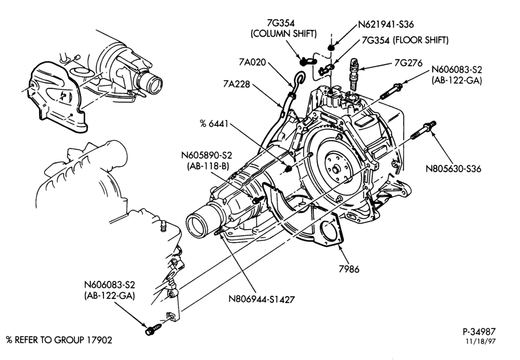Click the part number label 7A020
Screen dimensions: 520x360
pyautogui.click(x=252, y=62)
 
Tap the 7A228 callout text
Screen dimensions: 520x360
pyautogui.click(x=237, y=84)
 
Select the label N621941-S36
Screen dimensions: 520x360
pyautogui.click(x=386, y=24)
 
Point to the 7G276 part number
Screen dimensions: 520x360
pyautogui.click(x=408, y=63)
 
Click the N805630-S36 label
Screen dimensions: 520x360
pyautogui.click(x=453, y=169)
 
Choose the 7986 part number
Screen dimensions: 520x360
pyautogui.click(x=349, y=269)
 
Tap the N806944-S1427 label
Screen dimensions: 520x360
pyautogui.click(x=262, y=299)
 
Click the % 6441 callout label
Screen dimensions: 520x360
pyautogui.click(x=214, y=124)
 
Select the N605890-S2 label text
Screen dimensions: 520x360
pyautogui.click(x=206, y=155)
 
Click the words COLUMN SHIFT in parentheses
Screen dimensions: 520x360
pyautogui.click(x=284, y=33)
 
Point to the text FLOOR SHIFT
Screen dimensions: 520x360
pyautogui.click(x=421, y=40)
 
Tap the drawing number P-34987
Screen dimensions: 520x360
pyautogui.click(x=479, y=331)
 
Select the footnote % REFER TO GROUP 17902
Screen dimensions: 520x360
pyautogui.click(x=59, y=340)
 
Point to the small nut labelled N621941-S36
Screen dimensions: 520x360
pyautogui.click(x=331, y=47)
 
